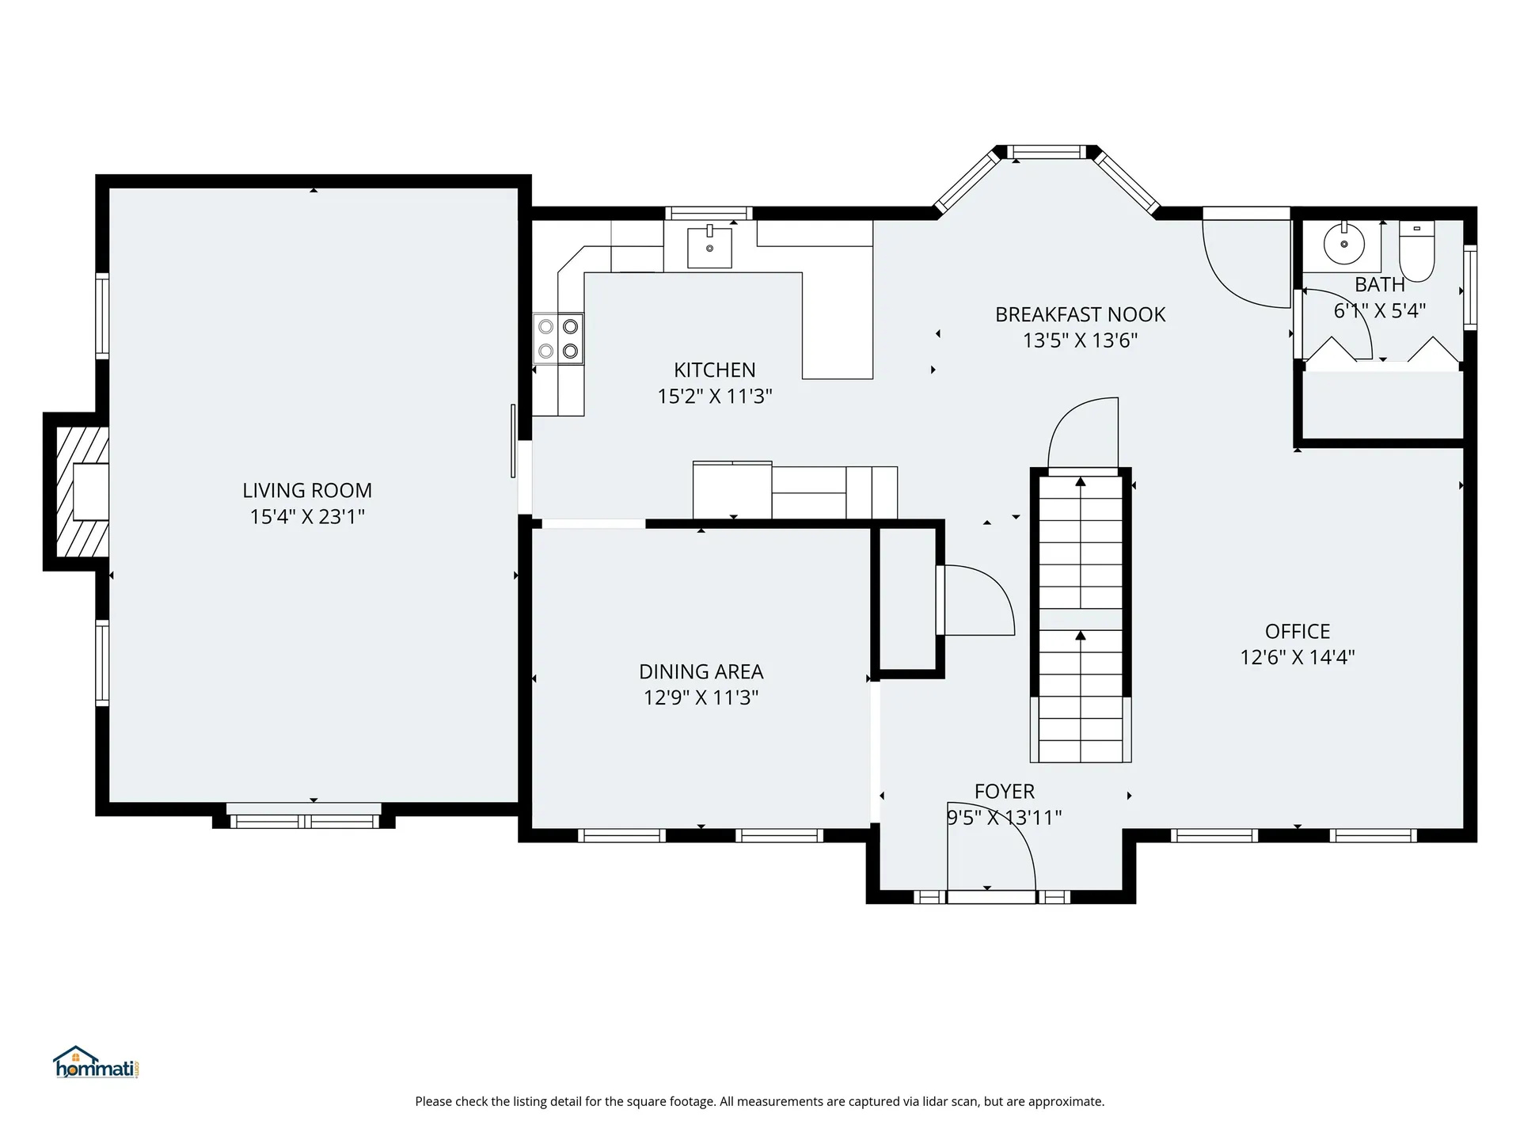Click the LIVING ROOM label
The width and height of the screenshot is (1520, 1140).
tap(307, 491)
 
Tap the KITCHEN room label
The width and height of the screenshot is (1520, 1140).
tap(715, 370)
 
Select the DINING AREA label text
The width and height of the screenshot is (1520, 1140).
tap(701, 672)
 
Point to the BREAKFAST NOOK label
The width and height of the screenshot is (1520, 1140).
tap(1081, 314)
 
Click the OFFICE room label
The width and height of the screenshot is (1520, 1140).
tap(1298, 632)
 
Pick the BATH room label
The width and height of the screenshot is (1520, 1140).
tap(1380, 284)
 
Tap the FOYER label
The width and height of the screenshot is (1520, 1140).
tap(1005, 792)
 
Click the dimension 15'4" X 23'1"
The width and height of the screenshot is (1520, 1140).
tap(307, 517)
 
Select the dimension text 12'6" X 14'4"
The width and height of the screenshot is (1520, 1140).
tap(1298, 657)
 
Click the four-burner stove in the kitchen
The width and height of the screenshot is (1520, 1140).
tap(558, 339)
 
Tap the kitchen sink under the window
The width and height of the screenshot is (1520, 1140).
tap(709, 246)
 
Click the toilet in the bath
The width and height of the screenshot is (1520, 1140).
tap(1417, 251)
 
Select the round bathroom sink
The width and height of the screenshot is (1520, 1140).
tap(1344, 243)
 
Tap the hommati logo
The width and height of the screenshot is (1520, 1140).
tap(97, 1062)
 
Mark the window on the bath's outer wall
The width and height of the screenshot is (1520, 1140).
tap(1470, 288)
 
